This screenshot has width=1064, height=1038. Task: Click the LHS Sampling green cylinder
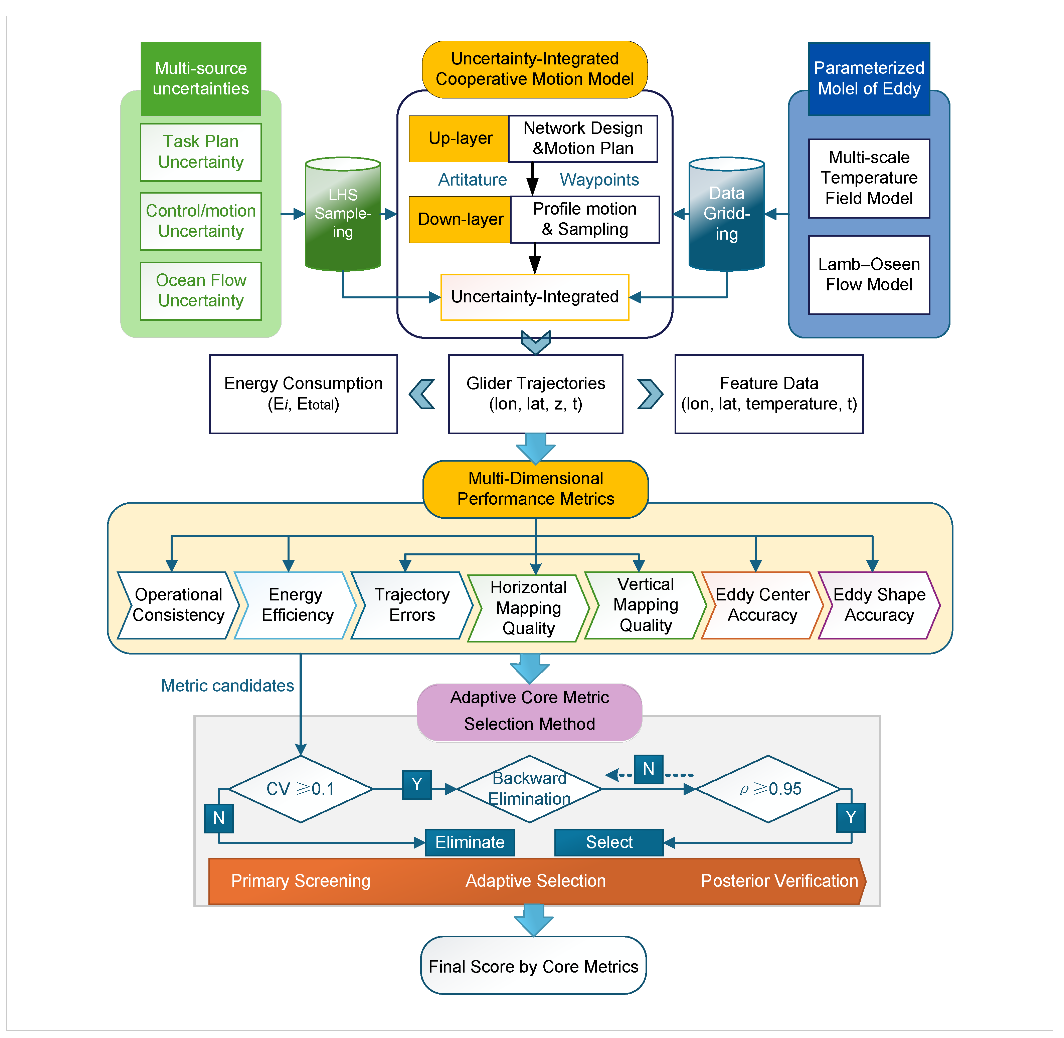click(x=343, y=214)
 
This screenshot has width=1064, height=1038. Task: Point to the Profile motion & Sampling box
click(x=585, y=219)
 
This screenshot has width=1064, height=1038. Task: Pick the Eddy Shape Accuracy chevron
click(x=879, y=605)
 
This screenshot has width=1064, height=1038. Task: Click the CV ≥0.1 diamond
click(x=301, y=789)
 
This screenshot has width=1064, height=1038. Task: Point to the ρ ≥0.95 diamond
click(x=768, y=789)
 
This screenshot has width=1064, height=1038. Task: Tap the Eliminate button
click(x=470, y=842)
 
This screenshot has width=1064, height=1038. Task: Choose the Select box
click(x=609, y=842)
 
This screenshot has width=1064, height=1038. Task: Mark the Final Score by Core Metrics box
click(x=533, y=966)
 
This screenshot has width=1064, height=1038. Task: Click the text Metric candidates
click(x=227, y=686)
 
